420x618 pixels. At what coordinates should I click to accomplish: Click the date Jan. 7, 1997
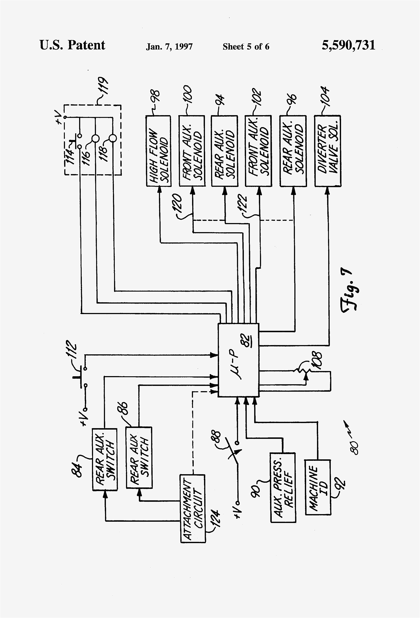click(169, 47)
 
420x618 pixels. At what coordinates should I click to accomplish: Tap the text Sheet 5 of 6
click(246, 47)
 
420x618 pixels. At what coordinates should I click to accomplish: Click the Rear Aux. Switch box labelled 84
click(105, 459)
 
